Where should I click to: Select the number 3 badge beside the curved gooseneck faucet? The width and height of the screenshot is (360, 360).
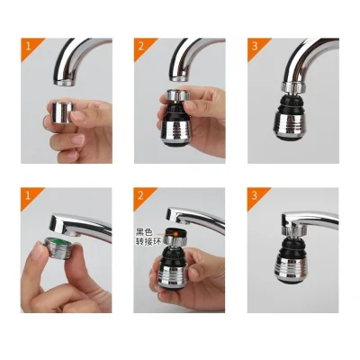(x=256, y=45)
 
